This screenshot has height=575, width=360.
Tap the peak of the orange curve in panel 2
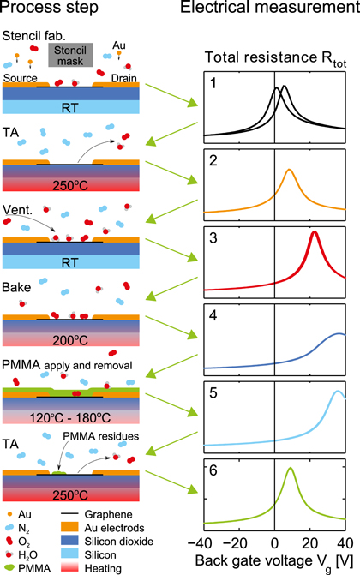(289, 170)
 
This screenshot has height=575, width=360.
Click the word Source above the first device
(21, 76)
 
